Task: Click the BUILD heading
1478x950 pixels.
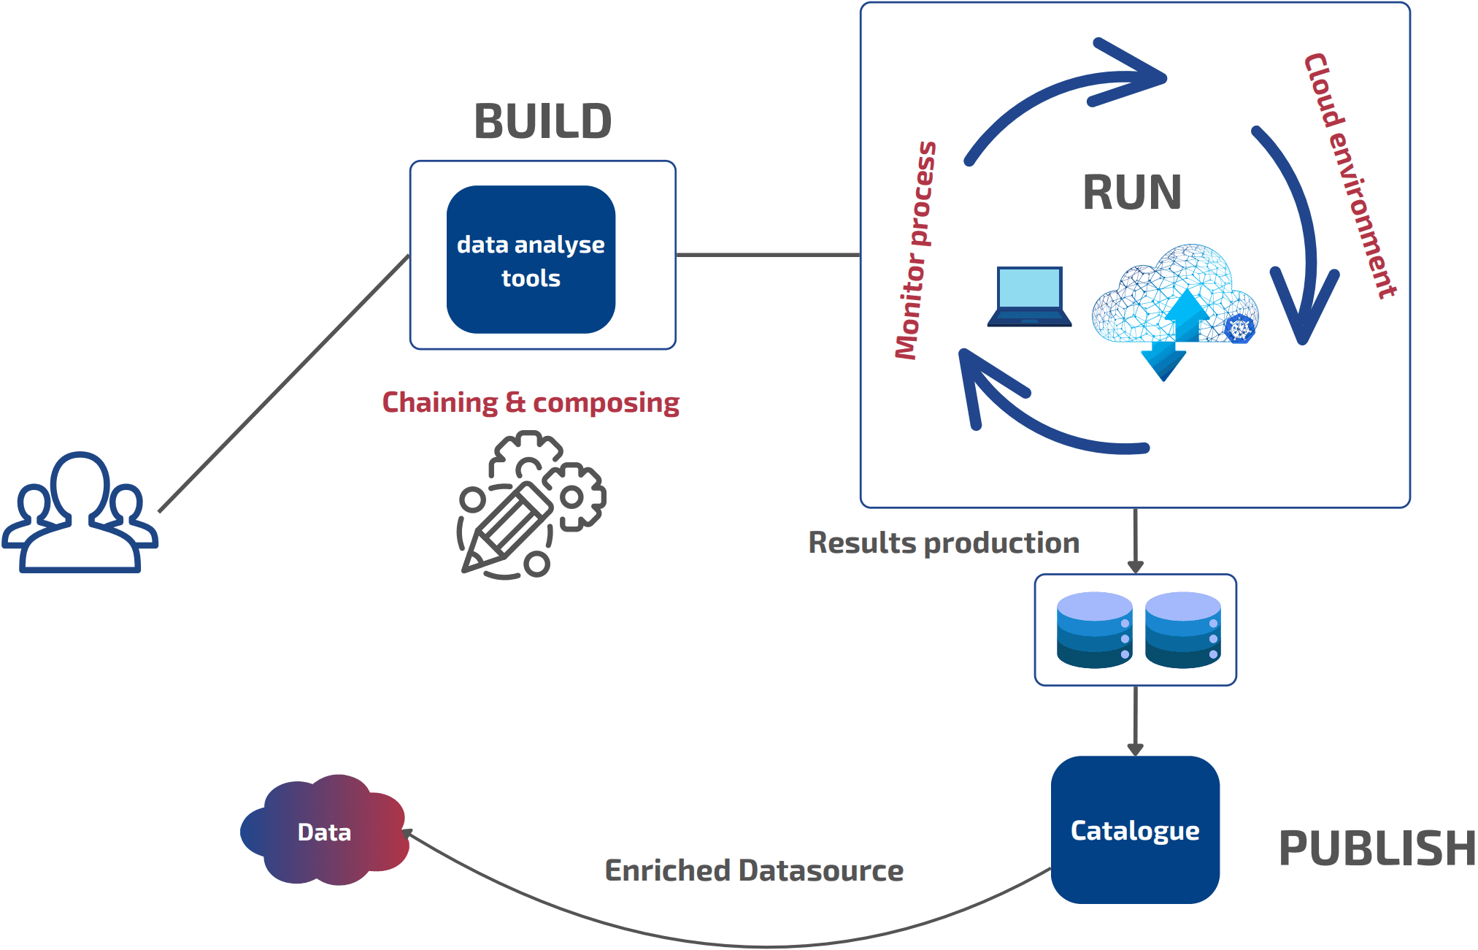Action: [543, 121]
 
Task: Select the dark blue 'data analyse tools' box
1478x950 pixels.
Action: [531, 260]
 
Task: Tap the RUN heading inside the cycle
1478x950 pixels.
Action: [1132, 193]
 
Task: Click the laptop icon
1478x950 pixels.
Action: [1030, 296]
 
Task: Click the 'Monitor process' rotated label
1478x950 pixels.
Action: [916, 250]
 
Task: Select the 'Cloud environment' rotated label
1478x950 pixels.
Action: [1350, 175]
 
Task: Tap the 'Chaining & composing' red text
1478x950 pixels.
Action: [531, 402]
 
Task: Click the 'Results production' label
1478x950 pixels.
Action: [944, 543]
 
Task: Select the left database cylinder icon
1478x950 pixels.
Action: [1094, 629]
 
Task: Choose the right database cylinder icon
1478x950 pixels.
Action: [1182, 629]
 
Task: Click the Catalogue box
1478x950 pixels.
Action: [1135, 830]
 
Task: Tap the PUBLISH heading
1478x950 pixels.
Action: [1377, 849]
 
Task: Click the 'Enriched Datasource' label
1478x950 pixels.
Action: [754, 870]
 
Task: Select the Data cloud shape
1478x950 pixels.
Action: [324, 831]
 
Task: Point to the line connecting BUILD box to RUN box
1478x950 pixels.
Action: [768, 255]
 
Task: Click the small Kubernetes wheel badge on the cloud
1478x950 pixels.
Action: [1239, 329]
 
